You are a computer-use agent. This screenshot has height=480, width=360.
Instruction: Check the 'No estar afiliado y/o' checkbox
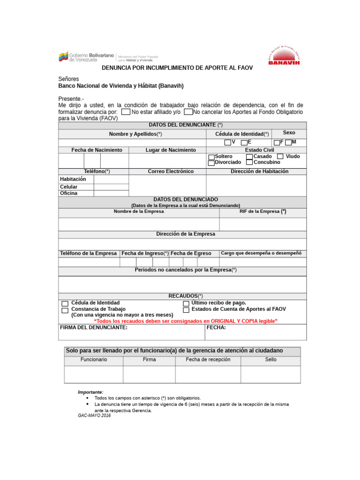[x=126, y=112]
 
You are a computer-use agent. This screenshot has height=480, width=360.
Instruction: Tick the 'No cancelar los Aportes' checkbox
[x=188, y=112]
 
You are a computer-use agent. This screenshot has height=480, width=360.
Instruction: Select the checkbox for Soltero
[x=211, y=157]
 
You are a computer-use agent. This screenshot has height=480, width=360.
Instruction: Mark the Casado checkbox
[x=249, y=157]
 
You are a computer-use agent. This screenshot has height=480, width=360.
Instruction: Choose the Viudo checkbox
[x=280, y=157]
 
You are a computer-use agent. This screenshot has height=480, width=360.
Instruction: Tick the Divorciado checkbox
[x=211, y=163]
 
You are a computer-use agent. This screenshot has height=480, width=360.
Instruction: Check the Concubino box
[x=249, y=163]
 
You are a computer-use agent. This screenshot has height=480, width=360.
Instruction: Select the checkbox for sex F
[x=277, y=142]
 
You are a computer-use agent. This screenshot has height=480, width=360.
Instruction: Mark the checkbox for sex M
[x=288, y=142]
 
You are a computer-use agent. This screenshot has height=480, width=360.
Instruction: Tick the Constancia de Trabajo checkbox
[x=65, y=310]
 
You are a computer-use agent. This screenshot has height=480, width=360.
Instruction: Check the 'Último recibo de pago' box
[x=186, y=304]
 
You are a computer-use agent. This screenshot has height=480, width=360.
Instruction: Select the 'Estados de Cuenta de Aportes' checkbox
[x=186, y=310]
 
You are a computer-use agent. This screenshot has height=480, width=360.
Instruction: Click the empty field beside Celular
[x=111, y=187]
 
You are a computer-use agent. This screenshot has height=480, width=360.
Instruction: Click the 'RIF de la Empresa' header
[x=262, y=211]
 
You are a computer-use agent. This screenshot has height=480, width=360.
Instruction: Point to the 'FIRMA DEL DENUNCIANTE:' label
[x=94, y=328]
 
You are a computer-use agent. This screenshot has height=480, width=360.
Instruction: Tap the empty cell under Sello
[x=270, y=375]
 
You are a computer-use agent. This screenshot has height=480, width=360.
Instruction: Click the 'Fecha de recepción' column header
[x=208, y=360]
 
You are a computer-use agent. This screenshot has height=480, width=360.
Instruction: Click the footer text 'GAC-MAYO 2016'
[x=94, y=416]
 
